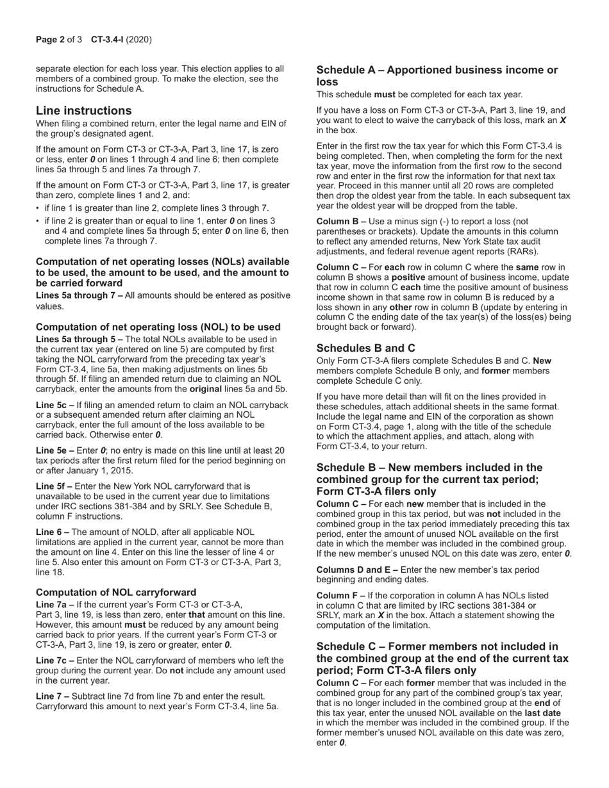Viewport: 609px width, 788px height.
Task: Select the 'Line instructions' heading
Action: click(x=83, y=110)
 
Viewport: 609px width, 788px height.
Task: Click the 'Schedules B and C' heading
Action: click(x=365, y=348)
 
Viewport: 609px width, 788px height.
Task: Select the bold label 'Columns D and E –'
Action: click(x=357, y=570)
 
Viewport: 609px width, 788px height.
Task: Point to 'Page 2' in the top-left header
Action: click(x=50, y=40)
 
